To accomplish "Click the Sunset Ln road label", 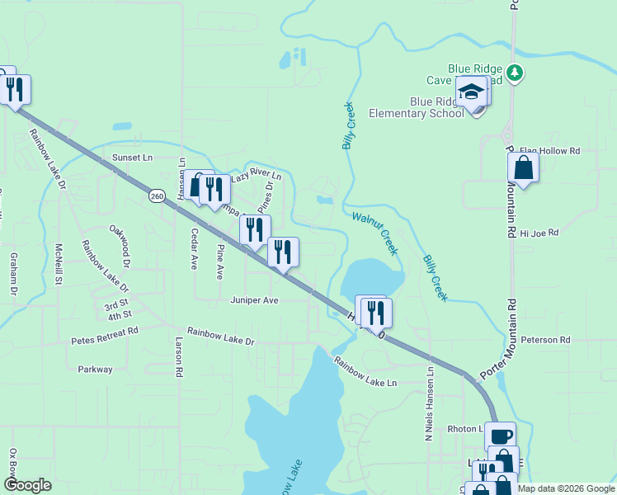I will tap(133, 157).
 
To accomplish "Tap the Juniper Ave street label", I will tap(255, 301).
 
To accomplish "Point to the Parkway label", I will tap(95, 370).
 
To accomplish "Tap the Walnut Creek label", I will tap(376, 231).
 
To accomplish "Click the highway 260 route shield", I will tap(157, 196).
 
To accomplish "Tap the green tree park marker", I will tap(516, 73).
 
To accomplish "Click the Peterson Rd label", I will tap(545, 340).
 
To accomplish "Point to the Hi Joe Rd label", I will tap(539, 233).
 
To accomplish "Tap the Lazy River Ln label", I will tap(257, 177).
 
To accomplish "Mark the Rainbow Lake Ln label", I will tap(365, 371).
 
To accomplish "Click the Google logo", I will tap(27, 485).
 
